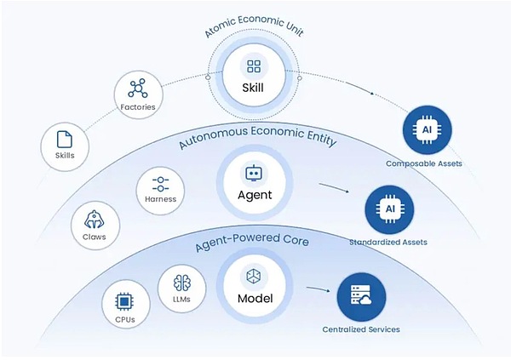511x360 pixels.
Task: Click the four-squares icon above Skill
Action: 254,66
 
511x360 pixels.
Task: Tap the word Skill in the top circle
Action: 253,88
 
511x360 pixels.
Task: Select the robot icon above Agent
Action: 253,173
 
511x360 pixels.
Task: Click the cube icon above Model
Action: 253,277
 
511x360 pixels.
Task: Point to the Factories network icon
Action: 138,88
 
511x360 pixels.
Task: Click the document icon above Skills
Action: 65,140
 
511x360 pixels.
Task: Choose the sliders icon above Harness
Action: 160,184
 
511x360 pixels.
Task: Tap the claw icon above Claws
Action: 95,220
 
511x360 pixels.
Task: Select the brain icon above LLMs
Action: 182,283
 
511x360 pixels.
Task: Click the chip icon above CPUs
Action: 124,301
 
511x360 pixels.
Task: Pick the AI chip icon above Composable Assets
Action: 428,130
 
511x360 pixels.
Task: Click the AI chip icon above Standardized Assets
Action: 389,209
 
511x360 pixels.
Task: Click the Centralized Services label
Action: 361,329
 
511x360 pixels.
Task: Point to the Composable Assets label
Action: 423,163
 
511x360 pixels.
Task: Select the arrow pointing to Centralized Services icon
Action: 319,289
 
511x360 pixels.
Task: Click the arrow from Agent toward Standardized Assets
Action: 334,187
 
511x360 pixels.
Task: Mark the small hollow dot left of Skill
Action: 209,77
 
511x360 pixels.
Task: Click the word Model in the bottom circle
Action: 255,299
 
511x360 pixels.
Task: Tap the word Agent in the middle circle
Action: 255,195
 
